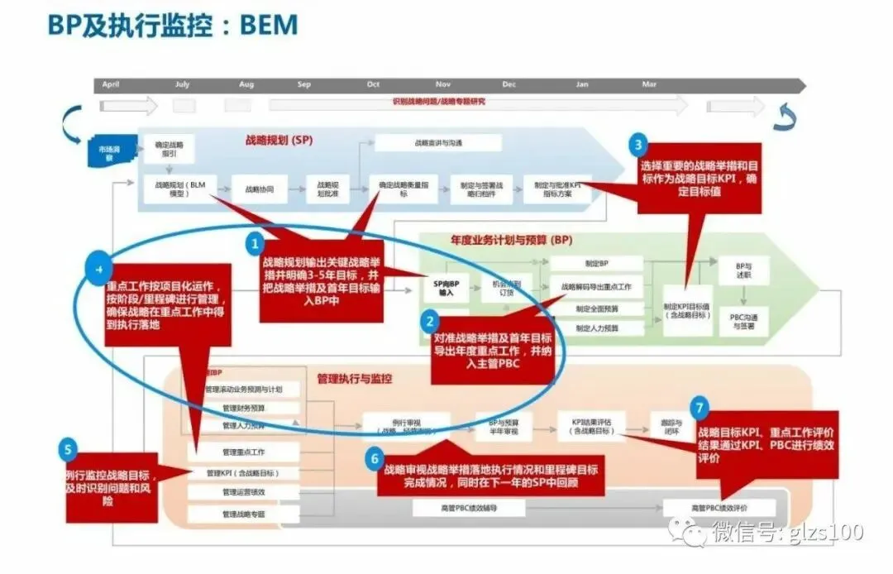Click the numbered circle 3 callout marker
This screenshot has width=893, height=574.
coord(638,146)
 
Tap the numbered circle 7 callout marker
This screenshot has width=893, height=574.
coord(700,407)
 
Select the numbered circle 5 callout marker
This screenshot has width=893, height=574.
coord(69,451)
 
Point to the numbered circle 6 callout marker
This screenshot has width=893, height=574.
coord(375,459)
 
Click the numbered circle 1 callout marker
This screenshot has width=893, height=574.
coord(255,244)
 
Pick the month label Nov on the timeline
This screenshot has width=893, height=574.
coord(443,84)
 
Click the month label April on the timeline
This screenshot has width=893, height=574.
coord(111,84)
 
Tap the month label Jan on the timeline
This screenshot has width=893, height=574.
coord(582,84)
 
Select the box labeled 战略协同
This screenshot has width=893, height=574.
coord(259,189)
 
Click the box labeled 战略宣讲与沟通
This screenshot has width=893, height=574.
coord(438,143)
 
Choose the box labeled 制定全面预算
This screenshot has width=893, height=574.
coord(597,308)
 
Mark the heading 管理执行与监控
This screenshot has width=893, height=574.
coord(354,379)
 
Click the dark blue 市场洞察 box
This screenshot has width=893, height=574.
coord(108,153)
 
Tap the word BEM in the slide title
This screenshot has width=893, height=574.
coord(269,24)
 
